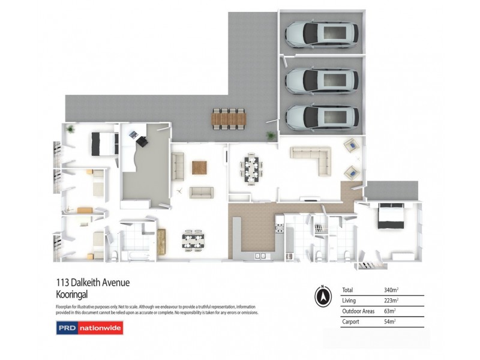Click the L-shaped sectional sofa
(312, 159)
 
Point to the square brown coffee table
(199, 167)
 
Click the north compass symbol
(323, 296)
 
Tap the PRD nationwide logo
(89, 329)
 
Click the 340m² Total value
(391, 290)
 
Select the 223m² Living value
(391, 301)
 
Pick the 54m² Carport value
(390, 322)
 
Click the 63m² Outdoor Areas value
(390, 311)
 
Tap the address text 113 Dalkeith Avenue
(92, 283)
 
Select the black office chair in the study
(143, 141)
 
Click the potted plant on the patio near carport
(271, 136)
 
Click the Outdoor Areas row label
(355, 311)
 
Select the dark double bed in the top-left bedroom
(104, 143)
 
